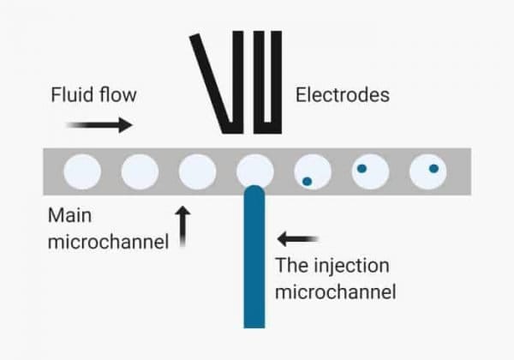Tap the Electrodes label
click(x=342, y=93)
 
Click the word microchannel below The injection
click(x=335, y=291)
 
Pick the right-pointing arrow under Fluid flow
click(x=99, y=125)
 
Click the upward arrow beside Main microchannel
click(x=182, y=226)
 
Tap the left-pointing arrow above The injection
click(x=298, y=237)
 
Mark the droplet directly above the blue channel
click(x=254, y=171)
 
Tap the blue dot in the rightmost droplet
click(x=433, y=167)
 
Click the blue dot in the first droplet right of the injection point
click(x=306, y=181)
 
